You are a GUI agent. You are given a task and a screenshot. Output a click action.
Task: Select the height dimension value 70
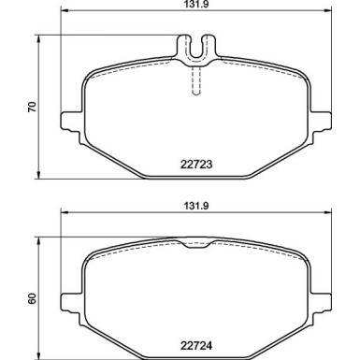[x=31, y=106]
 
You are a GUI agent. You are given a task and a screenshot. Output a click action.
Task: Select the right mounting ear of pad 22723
[x=324, y=122]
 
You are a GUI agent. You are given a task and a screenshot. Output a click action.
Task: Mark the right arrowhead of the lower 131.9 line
[x=330, y=213]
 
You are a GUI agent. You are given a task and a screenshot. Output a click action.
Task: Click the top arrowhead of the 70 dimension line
[x=38, y=36]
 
